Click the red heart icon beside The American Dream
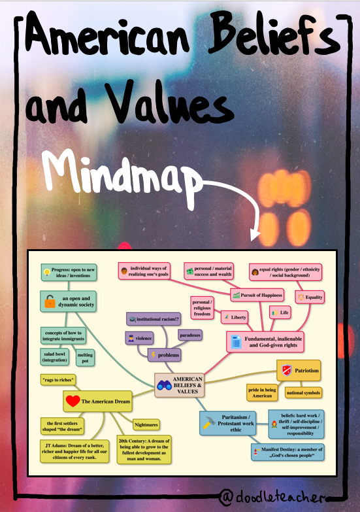(73, 401)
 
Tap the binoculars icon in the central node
(164, 385)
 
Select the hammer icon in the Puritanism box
(209, 423)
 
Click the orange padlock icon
(50, 301)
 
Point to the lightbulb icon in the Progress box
(46, 271)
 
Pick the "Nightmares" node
(146, 425)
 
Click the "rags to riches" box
(58, 380)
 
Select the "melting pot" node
(85, 358)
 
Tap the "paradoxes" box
(190, 335)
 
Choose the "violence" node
(140, 338)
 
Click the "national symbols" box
(303, 392)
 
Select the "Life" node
(280, 313)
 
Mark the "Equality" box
(310, 297)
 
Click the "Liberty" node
(235, 317)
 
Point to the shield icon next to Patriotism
(287, 370)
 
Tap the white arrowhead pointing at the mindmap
(255, 235)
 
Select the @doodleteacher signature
(272, 497)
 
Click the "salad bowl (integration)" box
(55, 357)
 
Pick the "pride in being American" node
(262, 392)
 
